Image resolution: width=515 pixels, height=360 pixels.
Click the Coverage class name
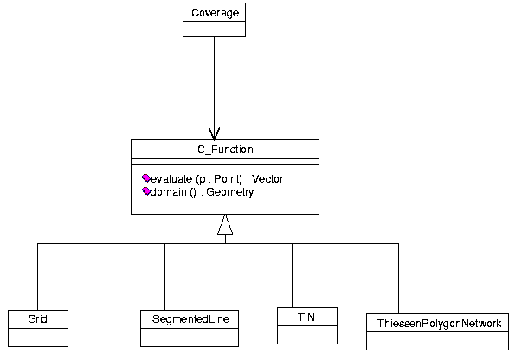[x=216, y=13]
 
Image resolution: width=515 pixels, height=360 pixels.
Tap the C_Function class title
[x=225, y=150]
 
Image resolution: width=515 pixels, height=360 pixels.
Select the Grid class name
[x=37, y=319]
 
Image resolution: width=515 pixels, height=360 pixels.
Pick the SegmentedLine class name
[x=190, y=319]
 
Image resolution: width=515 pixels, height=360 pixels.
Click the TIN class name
[x=306, y=318]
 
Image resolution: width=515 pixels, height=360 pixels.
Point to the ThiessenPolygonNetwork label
[x=439, y=324]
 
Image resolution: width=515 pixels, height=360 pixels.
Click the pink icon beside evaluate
[x=146, y=178]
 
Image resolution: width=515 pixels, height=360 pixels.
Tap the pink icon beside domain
[x=146, y=191]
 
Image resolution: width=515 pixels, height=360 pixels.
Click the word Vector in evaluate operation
[x=267, y=179]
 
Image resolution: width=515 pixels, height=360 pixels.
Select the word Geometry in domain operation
[x=230, y=192]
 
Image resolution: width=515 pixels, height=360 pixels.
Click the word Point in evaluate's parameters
[x=227, y=179]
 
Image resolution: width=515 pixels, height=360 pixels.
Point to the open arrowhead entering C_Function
[x=214, y=133]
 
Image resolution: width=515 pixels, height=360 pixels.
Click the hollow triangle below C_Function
[x=225, y=225]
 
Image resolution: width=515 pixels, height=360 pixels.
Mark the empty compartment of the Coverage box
[x=214, y=29]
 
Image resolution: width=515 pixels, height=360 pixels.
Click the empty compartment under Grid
[x=38, y=337]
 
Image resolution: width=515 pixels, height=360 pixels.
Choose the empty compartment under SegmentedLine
[x=190, y=337]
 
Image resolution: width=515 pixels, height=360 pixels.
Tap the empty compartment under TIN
[x=307, y=335]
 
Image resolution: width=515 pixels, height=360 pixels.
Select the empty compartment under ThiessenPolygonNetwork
[x=437, y=341]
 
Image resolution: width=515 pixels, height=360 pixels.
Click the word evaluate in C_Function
[x=171, y=179]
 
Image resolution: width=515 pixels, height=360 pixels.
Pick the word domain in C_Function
[x=168, y=192]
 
